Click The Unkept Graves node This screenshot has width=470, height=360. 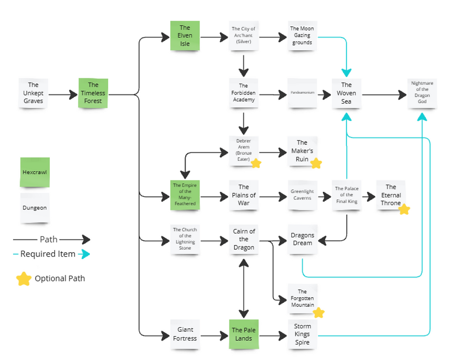coord(33,93)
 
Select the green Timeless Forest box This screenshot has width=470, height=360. coord(93,93)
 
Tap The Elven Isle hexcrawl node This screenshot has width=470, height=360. coord(185,36)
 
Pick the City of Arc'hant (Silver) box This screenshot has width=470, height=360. coord(244,35)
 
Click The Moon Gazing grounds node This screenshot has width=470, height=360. coord(302,35)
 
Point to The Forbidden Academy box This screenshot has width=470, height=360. coord(244,93)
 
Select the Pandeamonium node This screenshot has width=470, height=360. coord(302,93)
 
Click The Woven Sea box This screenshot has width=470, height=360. coord(346,93)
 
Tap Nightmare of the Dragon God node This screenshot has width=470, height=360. coord(422,93)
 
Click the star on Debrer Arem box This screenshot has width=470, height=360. coord(256,163)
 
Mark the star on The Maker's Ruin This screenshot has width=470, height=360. coord(316,163)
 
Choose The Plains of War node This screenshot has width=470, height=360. coord(244,195)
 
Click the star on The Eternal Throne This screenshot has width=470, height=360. coord(404,209)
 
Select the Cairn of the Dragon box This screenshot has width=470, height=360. coord(244,239)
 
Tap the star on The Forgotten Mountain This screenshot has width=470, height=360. coord(318,313)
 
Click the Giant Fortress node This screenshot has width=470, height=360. coord(185,334)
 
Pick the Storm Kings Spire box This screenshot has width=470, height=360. coord(302,334)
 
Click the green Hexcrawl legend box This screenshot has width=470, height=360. coord(35,172)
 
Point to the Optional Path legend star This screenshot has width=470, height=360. coord(24,279)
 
